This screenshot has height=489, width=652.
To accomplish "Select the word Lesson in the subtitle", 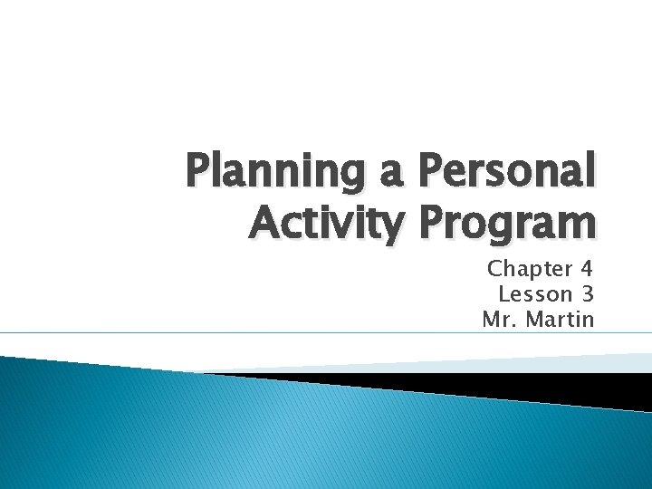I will coord(535,294).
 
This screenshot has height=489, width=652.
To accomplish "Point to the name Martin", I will coord(562,320).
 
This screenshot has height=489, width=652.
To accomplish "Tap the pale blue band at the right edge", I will coord(625,361).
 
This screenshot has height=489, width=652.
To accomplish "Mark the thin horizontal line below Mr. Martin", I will coord(326,333).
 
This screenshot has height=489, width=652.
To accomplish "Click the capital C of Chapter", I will coord(495,269).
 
